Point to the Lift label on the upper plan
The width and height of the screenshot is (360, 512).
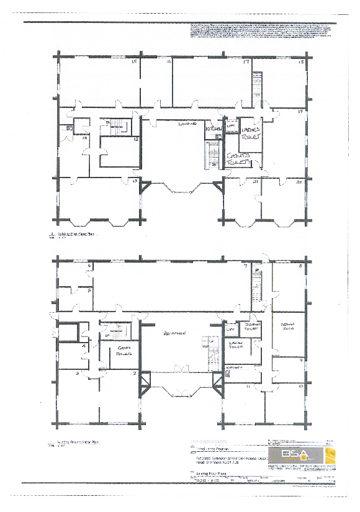[x=230, y=125]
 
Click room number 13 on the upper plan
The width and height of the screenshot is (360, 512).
[x=133, y=181]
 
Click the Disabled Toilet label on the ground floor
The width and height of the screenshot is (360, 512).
[x=251, y=325]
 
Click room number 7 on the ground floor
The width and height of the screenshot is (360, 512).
[x=246, y=267]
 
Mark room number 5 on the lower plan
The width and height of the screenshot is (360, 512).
[x=90, y=290]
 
